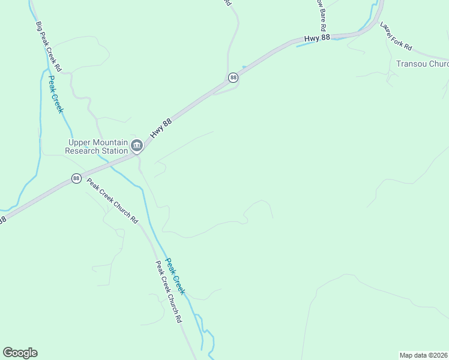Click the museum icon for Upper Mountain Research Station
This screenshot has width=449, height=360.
[x=137, y=145]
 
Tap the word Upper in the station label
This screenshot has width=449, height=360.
[x=80, y=143]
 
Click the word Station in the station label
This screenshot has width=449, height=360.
[x=115, y=151]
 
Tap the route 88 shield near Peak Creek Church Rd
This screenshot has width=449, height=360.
[x=76, y=178]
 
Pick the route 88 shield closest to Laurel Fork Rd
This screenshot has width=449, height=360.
[x=233, y=77]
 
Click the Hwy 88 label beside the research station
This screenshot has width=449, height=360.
[x=161, y=128]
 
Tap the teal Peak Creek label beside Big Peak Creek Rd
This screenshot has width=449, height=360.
[x=55, y=94]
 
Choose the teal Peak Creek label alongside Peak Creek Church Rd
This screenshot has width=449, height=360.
[x=175, y=277]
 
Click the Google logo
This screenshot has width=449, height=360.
[x=20, y=353]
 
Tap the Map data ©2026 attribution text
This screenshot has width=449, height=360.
[x=423, y=355]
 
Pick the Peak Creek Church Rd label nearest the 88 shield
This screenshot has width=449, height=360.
[x=112, y=201]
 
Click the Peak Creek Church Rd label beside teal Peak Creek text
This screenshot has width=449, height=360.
[x=169, y=292]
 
